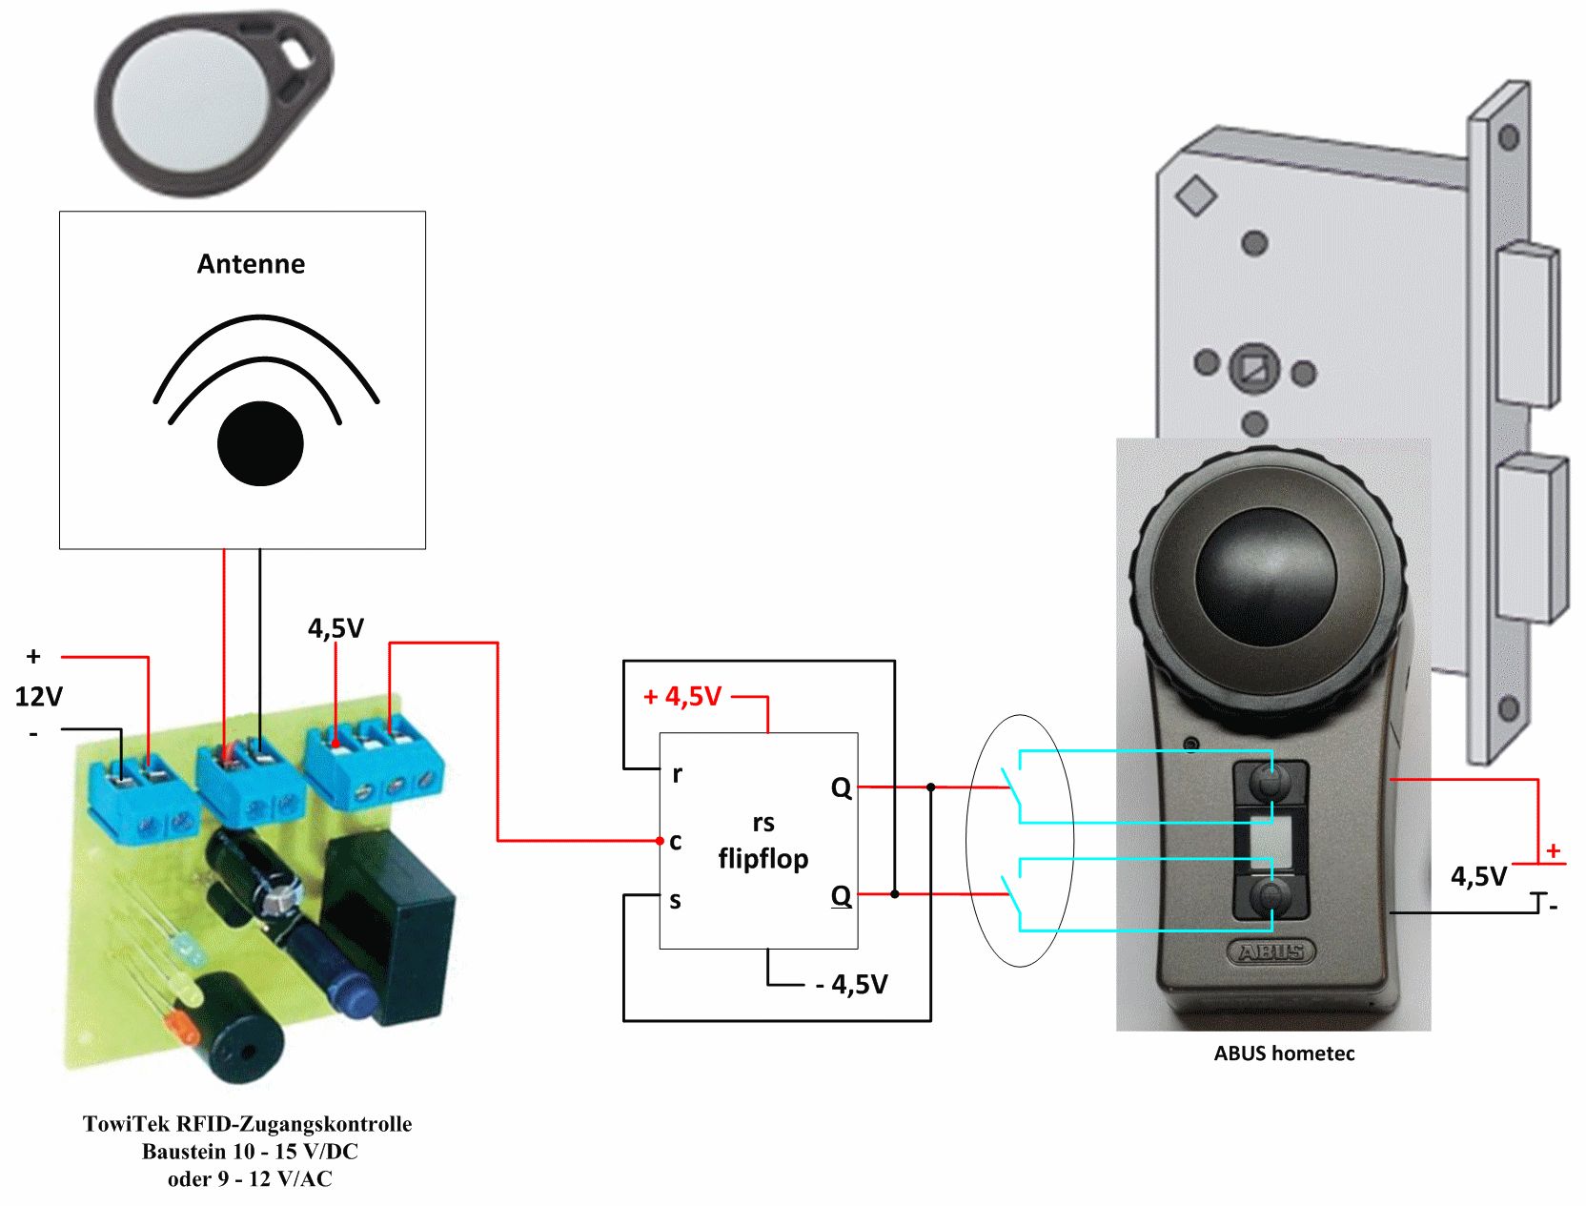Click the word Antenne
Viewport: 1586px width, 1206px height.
pos(251,264)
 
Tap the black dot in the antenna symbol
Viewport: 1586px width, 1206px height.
pos(260,443)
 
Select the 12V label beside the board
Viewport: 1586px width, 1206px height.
pos(38,697)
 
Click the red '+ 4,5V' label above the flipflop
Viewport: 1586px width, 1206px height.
pos(682,697)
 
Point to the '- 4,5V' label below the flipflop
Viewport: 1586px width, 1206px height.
pos(852,984)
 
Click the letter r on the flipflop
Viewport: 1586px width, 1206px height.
pos(677,774)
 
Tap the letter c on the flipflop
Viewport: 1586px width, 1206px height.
pos(676,842)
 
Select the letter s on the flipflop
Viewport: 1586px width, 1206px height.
pos(676,900)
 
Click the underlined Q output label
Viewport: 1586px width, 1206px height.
pos(841,896)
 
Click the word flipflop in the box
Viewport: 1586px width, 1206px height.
pos(763,859)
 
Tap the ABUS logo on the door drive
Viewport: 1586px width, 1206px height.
pos(1271,951)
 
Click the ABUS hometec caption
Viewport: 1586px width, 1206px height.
pos(1284,1053)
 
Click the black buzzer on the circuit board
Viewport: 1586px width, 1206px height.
pos(237,1031)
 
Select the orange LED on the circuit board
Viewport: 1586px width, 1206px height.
pos(179,1028)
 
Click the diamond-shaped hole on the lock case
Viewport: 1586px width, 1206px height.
pos(1196,195)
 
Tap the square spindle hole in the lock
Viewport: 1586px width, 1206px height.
pos(1254,368)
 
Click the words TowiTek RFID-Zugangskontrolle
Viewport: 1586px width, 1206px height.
pos(248,1124)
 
